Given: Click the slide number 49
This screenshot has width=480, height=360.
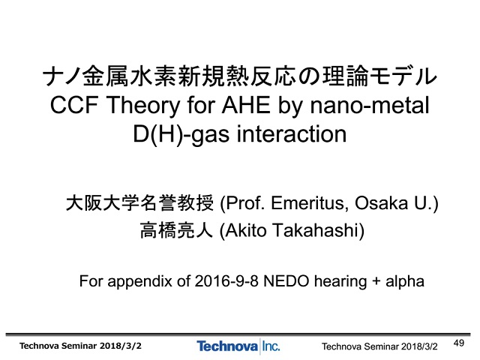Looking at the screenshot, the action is (x=458, y=343).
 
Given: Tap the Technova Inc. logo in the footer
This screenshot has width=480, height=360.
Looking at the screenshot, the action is (x=238, y=346).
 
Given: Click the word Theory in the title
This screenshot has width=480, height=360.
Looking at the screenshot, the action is (x=143, y=105).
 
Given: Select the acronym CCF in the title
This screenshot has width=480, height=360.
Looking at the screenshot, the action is (x=74, y=105).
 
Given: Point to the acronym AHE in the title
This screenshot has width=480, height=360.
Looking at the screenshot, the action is (x=246, y=105).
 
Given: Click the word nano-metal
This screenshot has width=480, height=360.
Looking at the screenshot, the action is (x=370, y=105).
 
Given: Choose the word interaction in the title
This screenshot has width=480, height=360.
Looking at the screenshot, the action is (x=292, y=134).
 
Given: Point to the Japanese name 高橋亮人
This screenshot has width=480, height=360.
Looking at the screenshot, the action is (x=176, y=230).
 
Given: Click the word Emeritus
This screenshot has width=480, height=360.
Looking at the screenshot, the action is (x=310, y=203).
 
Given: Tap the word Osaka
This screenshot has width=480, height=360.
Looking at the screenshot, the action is (x=382, y=203).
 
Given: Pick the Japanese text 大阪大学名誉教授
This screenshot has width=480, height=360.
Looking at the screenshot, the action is (x=140, y=203).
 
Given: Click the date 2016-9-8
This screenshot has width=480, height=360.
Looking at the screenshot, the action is (x=226, y=281).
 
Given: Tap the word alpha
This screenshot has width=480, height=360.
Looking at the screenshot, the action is (x=405, y=281).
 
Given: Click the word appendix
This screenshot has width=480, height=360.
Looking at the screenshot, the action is (x=139, y=282).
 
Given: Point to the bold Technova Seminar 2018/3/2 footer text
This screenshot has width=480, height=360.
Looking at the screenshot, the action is (x=80, y=346).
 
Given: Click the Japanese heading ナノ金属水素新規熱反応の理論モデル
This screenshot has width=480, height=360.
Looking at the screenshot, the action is (x=240, y=76).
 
